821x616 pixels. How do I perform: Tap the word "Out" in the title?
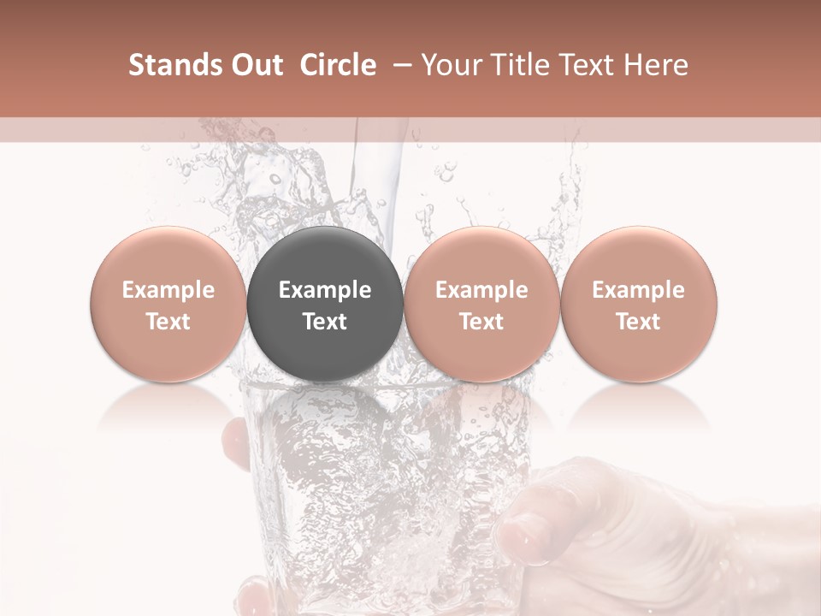tap(254, 65)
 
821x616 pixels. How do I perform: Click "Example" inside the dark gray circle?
tap(325, 290)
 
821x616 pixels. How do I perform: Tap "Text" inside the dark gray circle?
tap(325, 322)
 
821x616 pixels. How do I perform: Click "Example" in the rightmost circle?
tap(639, 290)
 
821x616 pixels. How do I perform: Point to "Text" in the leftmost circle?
tap(168, 322)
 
